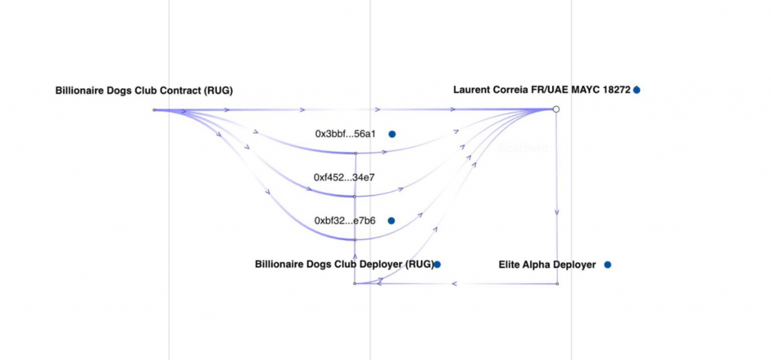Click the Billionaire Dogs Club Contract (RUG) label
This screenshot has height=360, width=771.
144,90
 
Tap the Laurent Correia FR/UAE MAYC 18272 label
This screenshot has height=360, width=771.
541,90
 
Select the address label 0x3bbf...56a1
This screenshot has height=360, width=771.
345,134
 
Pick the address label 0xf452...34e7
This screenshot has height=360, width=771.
344,178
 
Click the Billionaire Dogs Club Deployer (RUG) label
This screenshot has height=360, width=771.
344,264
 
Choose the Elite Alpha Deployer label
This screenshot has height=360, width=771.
547,265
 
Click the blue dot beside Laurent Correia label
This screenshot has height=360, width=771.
637,90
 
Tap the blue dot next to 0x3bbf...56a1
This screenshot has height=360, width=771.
392,134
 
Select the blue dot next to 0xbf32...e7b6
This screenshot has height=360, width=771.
392,221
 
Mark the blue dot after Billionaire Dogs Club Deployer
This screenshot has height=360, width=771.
437,264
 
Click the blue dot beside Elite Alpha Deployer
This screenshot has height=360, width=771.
608,265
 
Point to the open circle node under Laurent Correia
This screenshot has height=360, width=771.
556,110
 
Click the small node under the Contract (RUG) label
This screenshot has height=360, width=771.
154,110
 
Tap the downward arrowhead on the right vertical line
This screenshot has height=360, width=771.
556,213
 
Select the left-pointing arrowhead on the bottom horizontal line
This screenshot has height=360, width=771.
454,284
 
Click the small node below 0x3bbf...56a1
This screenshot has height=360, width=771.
355,153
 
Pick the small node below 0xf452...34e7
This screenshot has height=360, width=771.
355,197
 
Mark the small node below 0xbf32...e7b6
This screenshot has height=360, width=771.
355,239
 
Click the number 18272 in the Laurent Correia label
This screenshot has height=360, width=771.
614,90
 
